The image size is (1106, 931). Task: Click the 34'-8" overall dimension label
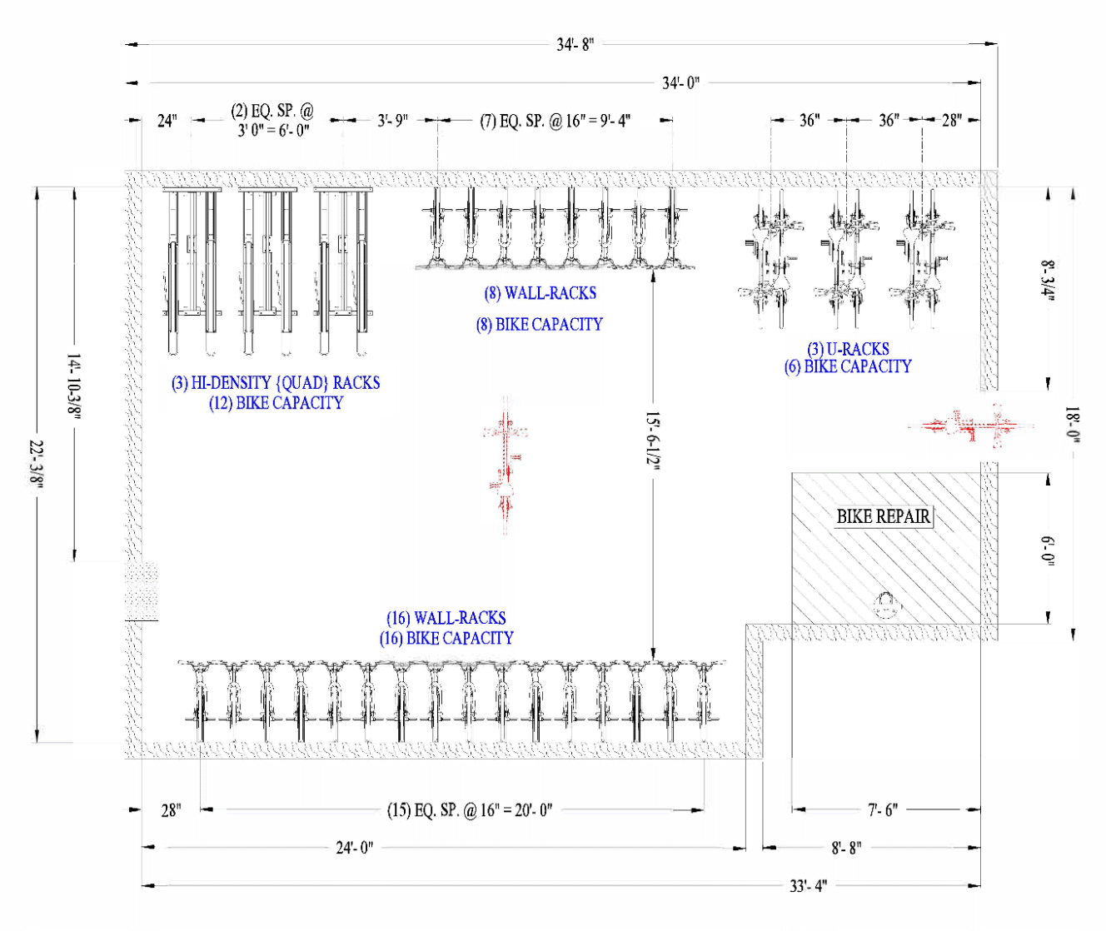[575, 44]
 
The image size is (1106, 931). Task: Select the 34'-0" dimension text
[680, 82]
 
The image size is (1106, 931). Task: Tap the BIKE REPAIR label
[883, 516]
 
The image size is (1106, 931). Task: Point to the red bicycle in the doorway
[971, 426]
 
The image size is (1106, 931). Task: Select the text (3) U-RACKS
[848, 349]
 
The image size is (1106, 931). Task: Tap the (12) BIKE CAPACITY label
[276, 403]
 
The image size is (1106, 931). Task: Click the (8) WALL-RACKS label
[540, 293]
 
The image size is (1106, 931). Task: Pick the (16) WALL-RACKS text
[446, 618]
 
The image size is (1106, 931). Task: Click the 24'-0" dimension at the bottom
[355, 848]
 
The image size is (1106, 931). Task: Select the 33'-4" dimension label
[808, 886]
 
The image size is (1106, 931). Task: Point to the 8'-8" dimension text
[846, 848]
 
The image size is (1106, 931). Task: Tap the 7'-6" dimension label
[883, 809]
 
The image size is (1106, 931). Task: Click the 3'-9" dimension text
[392, 120]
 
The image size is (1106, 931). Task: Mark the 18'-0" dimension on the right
[1073, 425]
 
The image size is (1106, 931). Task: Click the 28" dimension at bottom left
[171, 809]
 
